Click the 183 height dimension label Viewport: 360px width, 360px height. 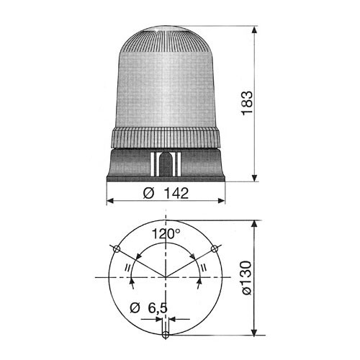pyautogui.click(x=247, y=103)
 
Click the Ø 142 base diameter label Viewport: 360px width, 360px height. pyautogui.click(x=166, y=193)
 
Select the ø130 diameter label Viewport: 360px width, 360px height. pyautogui.click(x=247, y=278)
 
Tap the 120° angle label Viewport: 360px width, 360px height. pyautogui.click(x=166, y=234)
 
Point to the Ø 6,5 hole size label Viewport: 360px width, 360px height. pyautogui.click(x=148, y=308)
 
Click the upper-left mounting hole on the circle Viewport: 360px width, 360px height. pyautogui.click(x=117, y=249)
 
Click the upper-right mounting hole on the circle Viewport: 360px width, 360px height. pyautogui.click(x=215, y=249)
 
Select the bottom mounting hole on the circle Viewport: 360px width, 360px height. pyautogui.click(x=166, y=335)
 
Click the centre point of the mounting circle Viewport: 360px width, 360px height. pyautogui.click(x=166, y=277)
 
